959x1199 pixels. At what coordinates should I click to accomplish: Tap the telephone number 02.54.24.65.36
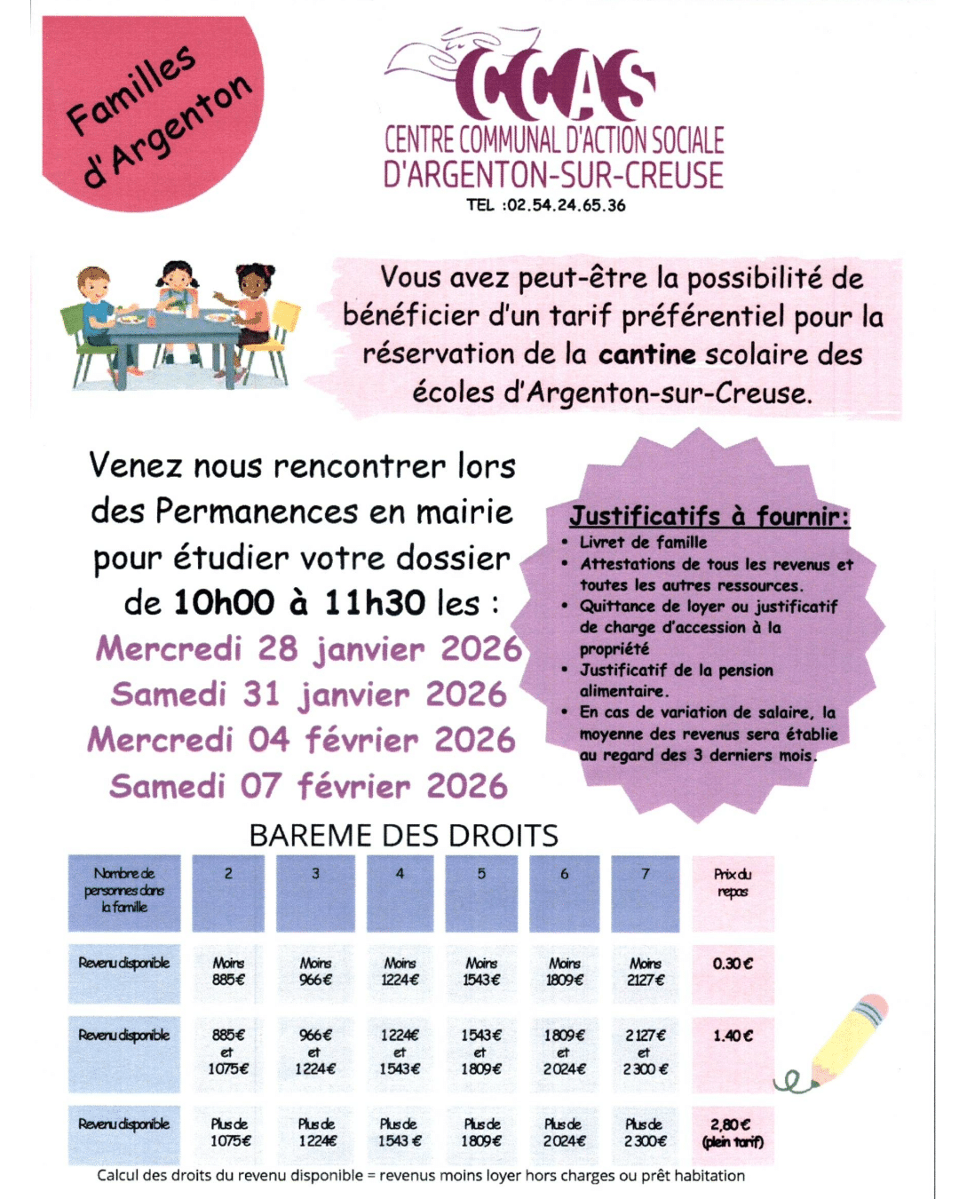point(565,205)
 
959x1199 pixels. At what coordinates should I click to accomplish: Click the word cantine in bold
point(646,354)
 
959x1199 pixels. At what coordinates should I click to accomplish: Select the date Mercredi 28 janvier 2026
point(309,648)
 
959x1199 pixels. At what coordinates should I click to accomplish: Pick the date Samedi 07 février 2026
point(309,786)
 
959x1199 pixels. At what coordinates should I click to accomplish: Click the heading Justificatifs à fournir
point(709,516)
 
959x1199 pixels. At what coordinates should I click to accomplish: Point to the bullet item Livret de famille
point(643,542)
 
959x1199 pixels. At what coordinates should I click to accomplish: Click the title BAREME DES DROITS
point(403,836)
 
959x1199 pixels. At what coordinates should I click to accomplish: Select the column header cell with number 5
point(482,893)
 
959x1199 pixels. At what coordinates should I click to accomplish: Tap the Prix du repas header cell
point(733,893)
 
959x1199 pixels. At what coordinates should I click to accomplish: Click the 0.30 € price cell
point(733,973)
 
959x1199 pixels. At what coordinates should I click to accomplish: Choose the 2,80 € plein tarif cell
point(733,1133)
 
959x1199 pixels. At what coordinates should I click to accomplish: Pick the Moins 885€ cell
point(228,973)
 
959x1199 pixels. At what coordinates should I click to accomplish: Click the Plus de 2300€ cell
point(646,1133)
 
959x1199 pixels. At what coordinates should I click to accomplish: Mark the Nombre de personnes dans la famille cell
point(124,893)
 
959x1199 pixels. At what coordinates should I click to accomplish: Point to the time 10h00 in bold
point(224,603)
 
